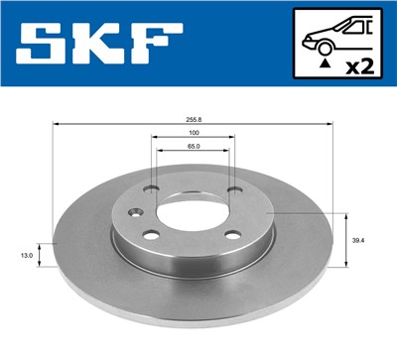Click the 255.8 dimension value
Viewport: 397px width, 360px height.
(194, 117)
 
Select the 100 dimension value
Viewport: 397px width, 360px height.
(194, 132)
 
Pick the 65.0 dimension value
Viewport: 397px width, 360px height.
(194, 146)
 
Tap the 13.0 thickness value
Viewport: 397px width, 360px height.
(27, 255)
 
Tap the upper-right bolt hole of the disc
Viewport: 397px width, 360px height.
(233, 191)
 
